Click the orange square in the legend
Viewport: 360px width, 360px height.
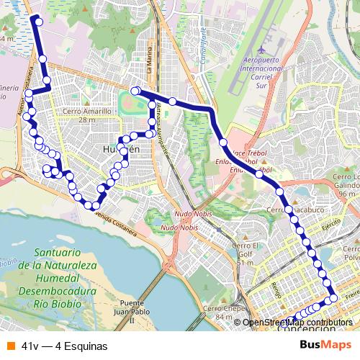pos(10,346)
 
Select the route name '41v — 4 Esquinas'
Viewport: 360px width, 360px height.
pos(65,346)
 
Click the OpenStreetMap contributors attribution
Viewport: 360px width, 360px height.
pos(297,323)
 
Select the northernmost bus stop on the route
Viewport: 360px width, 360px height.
pos(38,22)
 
